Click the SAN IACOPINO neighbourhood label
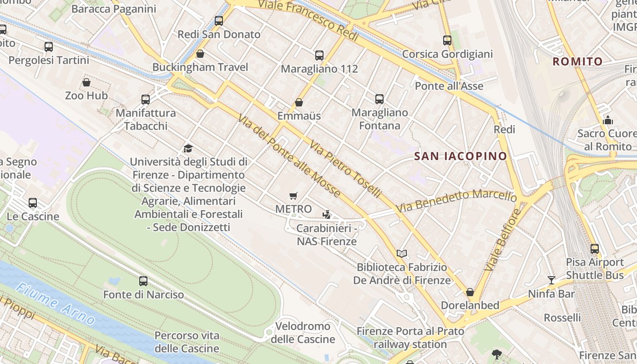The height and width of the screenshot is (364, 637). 460,156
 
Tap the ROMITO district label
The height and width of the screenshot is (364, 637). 577,61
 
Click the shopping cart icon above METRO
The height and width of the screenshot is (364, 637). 293,196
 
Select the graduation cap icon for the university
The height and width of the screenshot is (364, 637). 188,148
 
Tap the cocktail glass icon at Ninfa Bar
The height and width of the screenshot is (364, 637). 551,280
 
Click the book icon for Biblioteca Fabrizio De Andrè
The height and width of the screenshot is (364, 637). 401,253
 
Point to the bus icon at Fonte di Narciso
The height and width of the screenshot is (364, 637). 143,281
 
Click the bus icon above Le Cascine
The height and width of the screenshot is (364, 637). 33,203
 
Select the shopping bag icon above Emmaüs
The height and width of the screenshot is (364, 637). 299,102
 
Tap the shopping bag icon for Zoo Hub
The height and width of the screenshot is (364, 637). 86,82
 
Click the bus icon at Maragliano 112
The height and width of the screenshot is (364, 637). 319,56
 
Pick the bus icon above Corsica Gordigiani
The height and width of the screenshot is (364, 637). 447,40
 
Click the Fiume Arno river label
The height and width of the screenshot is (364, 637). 56,303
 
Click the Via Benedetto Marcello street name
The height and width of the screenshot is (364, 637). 456,201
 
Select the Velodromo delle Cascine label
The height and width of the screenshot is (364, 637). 303,333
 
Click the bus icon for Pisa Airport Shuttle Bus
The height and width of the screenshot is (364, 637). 595,249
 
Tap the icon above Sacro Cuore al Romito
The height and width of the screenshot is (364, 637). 607,120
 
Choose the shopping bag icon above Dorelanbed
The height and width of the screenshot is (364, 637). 470,292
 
